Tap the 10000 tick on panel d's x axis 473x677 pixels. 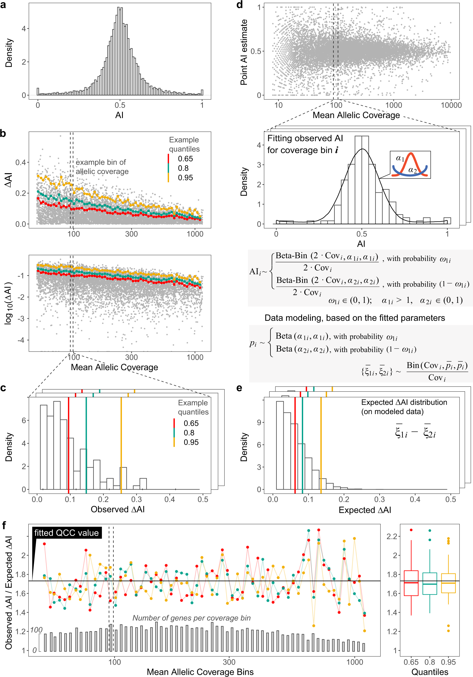point(451,105)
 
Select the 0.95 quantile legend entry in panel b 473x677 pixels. point(185,178)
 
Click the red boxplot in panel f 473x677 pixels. point(411,583)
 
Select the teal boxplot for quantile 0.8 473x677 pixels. point(430,583)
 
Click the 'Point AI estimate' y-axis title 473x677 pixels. point(244,52)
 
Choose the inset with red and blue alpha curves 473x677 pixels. point(410,165)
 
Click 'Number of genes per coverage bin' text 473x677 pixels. point(191,618)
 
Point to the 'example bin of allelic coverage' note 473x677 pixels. point(102,167)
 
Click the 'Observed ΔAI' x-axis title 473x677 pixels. point(118,509)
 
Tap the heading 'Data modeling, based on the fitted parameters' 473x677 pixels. point(354,318)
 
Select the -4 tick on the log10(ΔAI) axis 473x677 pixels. point(21,340)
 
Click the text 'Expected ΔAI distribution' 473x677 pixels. point(404,403)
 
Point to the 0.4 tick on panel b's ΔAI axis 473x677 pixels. point(21,162)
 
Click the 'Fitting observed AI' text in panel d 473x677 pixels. point(305,138)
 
